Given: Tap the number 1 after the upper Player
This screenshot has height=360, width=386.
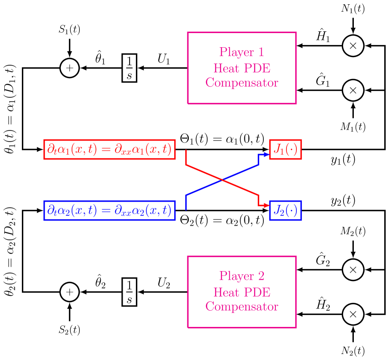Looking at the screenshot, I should click(x=260, y=52).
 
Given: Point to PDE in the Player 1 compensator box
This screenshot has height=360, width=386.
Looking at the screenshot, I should click(x=257, y=68).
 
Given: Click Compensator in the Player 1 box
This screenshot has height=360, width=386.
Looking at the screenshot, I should click(x=242, y=83).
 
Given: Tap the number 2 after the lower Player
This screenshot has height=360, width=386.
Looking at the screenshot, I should click(x=260, y=276).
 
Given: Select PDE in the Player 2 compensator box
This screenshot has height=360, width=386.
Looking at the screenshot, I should click(x=257, y=292).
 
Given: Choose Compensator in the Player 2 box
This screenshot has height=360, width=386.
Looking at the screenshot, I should click(x=242, y=307).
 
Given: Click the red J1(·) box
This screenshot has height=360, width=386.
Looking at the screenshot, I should click(x=285, y=149).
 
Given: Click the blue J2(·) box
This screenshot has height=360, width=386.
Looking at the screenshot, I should click(x=285, y=210).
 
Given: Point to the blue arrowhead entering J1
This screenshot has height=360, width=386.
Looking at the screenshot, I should click(x=266, y=154).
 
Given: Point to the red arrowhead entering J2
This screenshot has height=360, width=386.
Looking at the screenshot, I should click(x=266, y=206).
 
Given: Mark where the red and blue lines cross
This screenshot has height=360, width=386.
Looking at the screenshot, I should click(x=222, y=180).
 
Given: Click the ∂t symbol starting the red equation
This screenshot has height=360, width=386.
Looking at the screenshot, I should click(x=52, y=150).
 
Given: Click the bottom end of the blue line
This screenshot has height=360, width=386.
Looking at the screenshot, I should click(x=186, y=209).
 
